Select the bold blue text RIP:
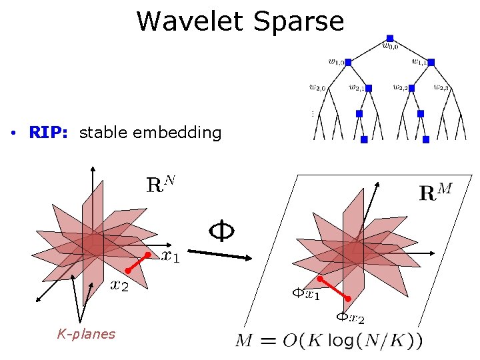click(50, 133)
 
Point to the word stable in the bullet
click(103, 133)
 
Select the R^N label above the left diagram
click(161, 183)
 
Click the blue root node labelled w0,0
click(390, 38)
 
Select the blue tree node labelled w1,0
click(348, 62)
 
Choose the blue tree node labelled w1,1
click(431, 62)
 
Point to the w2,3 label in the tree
click(441, 87)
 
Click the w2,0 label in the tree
click(317, 87)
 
